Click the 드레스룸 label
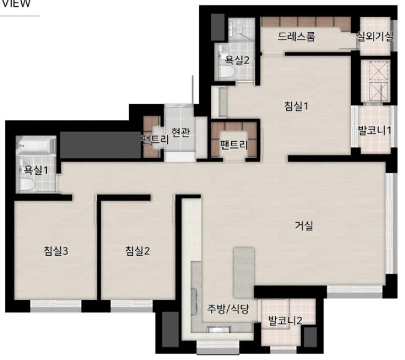[296, 37]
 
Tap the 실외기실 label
[375, 37]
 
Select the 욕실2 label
[237, 60]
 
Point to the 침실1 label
[296, 106]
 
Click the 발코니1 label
[375, 130]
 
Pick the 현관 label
[181, 132]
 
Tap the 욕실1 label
[36, 170]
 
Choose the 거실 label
[304, 226]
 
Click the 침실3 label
[56, 250]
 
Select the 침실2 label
[137, 250]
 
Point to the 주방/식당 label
[228, 309]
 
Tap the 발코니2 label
[285, 321]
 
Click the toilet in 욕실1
[28, 183]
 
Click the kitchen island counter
[244, 273]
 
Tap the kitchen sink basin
[219, 330]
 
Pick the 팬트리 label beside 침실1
[234, 145]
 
